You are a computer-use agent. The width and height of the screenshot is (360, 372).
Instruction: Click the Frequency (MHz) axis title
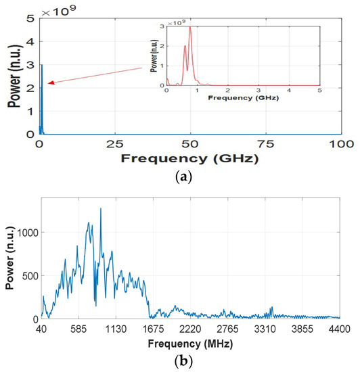coord(190,342)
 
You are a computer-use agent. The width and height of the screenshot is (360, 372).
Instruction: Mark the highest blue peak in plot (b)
coord(101,209)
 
